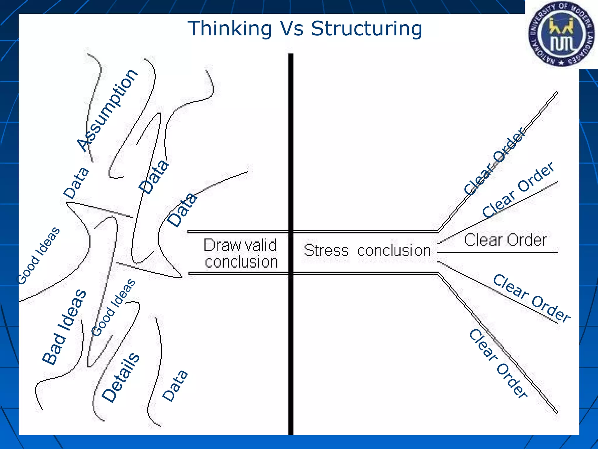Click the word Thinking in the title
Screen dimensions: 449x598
(x=230, y=29)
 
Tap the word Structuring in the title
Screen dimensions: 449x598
(x=366, y=29)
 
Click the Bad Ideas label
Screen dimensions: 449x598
(x=64, y=327)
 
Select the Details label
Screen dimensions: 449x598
(x=121, y=377)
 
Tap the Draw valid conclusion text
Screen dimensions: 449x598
(x=240, y=253)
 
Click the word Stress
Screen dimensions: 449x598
(x=326, y=251)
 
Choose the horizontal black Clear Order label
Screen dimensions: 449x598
(x=505, y=240)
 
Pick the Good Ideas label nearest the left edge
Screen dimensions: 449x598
(x=39, y=255)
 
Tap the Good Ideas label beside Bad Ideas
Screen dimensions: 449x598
(x=113, y=307)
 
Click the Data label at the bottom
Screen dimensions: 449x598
(x=175, y=386)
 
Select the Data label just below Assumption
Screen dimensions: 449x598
(x=76, y=183)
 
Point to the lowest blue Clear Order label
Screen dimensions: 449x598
(x=498, y=364)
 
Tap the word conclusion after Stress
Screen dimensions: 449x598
(x=394, y=251)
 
